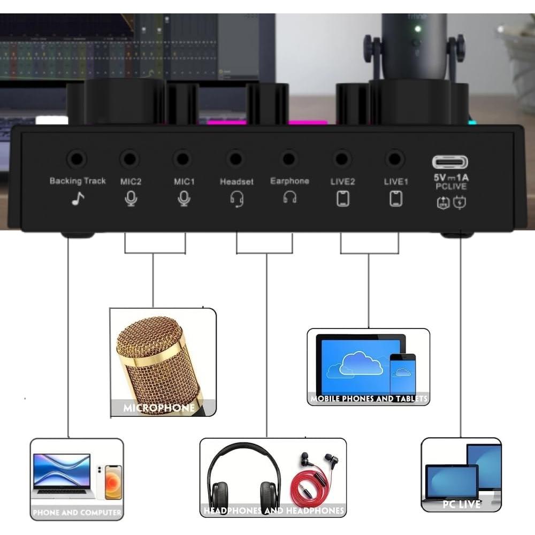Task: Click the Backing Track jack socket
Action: tap(77, 159)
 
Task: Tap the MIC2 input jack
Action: tap(129, 159)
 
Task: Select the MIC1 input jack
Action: tap(183, 159)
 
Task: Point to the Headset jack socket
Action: tap(235, 159)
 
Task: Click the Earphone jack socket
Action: tap(289, 159)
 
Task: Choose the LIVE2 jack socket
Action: tap(342, 159)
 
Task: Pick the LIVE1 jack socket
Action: tap(395, 159)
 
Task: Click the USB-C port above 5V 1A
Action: tap(450, 162)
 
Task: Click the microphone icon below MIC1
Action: tap(184, 199)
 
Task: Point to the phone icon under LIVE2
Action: tap(343, 199)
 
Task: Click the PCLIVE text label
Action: tap(450, 187)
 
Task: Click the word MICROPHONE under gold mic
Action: tap(159, 408)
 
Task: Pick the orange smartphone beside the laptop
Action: tap(113, 481)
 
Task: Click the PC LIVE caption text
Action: tap(461, 504)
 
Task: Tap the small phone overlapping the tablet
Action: tap(402, 374)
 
